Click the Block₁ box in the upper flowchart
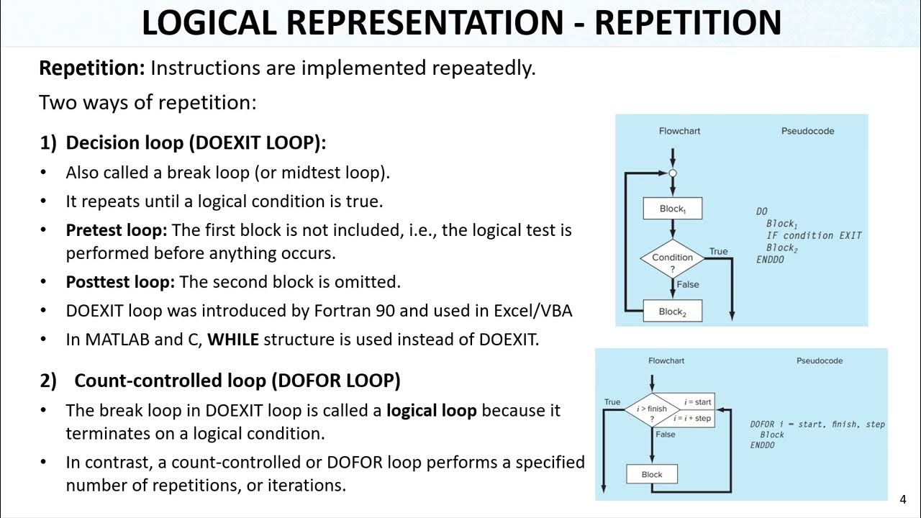point(672,209)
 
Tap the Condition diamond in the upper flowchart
point(672,261)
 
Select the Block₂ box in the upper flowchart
point(672,312)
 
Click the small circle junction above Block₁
point(673,173)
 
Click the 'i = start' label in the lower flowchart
point(697,401)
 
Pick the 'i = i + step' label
point(692,418)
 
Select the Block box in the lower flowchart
point(652,474)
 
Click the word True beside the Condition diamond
point(718,251)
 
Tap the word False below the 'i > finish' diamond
point(666,435)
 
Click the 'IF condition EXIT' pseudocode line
point(813,235)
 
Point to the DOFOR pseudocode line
point(817,424)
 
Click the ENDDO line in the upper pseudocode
point(770,260)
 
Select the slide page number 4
point(903,500)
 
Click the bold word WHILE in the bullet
point(232,340)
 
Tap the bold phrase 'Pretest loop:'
point(117,230)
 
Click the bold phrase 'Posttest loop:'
point(120,282)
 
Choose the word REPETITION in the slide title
point(688,23)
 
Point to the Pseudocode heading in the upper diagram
point(807,131)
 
